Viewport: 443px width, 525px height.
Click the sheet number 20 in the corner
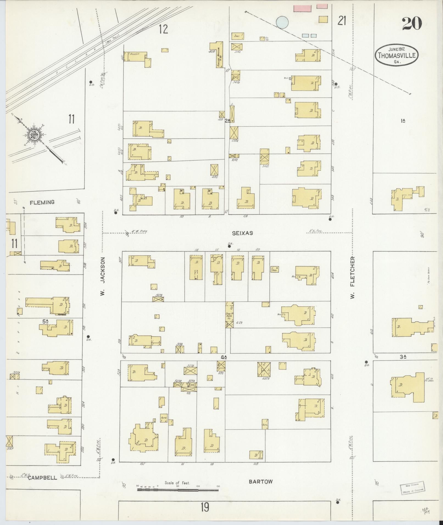pos(412,24)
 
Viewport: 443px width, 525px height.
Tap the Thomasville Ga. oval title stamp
pos(397,55)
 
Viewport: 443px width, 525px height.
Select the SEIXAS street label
pos(242,233)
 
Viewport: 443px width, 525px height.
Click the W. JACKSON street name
pos(102,276)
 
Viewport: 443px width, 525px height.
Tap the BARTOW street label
pos(261,481)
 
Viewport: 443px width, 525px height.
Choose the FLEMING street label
pos(42,202)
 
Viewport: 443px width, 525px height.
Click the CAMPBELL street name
pos(42,478)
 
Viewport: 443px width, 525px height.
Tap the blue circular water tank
pos(282,22)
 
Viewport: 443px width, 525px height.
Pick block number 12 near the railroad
pos(163,29)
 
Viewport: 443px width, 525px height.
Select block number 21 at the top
pos(342,21)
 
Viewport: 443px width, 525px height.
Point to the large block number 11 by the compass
pos(71,119)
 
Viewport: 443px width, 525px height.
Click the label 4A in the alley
pos(224,357)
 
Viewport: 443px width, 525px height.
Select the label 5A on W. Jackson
pos(46,321)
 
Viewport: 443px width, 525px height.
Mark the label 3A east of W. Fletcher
pos(403,357)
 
